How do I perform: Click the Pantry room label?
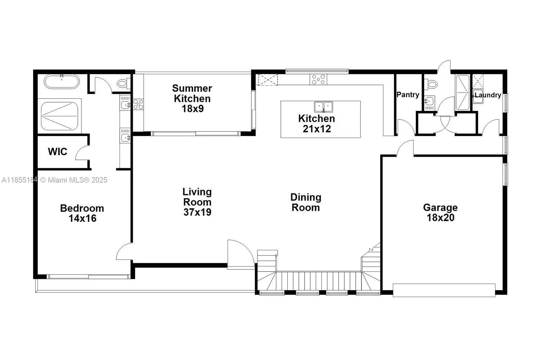point(408,95)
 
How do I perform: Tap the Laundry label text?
point(487,95)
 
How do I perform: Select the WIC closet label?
point(58,152)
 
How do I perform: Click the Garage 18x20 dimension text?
point(440,217)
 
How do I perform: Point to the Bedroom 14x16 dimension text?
point(82,218)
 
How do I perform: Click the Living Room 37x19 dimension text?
point(197,212)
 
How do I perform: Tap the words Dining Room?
point(306,202)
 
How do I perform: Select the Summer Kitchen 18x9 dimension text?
point(193,108)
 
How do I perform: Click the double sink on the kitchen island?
point(324,107)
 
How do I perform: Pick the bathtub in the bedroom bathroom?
point(62,82)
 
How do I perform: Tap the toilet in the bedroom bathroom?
point(123,84)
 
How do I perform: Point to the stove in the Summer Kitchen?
point(138,104)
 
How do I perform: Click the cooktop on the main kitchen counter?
point(319,79)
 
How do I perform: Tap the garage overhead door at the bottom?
point(444,290)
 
